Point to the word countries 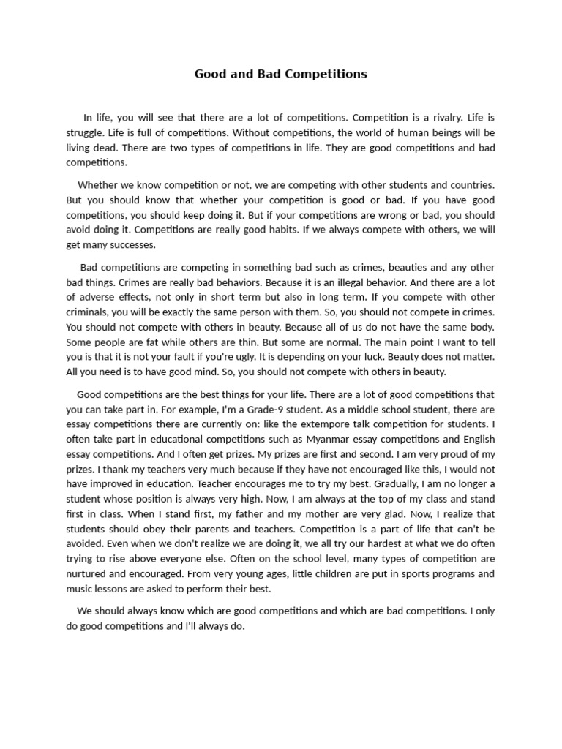click(x=469, y=185)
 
